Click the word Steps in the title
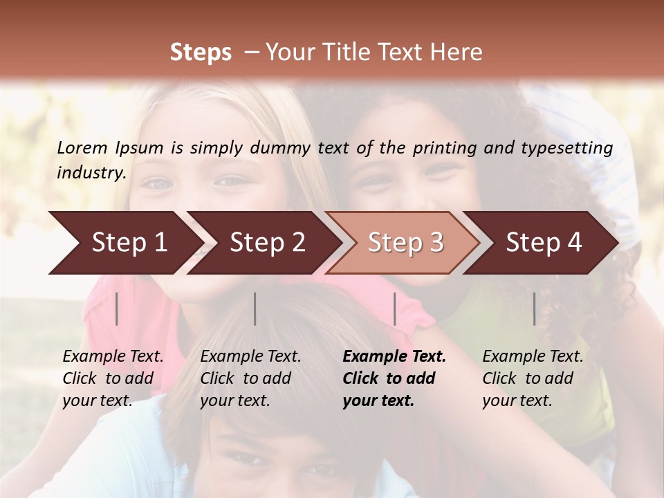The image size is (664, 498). coord(201,53)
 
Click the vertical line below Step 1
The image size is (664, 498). coord(117,308)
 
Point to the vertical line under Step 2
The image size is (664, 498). coord(255,308)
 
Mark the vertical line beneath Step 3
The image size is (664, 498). coord(394,308)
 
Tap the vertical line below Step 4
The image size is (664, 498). coord(534,308)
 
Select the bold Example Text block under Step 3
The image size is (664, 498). coord(394,378)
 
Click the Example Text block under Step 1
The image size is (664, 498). coord(113,378)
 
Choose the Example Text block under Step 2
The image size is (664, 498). coord(250,378)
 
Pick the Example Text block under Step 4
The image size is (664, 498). coord(533,378)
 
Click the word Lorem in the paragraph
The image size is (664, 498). coord(82,147)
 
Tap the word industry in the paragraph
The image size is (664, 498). coord(91,173)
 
